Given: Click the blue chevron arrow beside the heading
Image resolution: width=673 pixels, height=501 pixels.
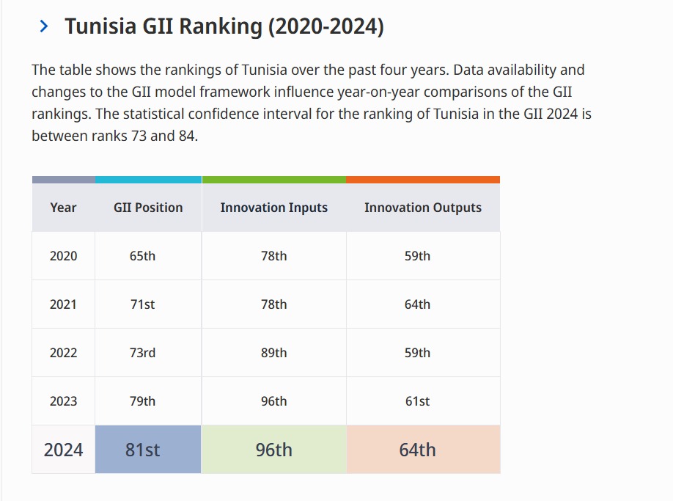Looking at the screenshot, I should click(45, 27).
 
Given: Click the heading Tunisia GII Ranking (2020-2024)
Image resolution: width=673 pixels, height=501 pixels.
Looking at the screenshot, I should click(224, 27).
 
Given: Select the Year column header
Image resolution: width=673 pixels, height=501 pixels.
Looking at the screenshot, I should click(63, 208).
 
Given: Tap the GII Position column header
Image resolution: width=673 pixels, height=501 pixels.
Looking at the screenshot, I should click(148, 208).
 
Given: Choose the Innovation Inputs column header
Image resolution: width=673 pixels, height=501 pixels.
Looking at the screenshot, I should click(273, 208).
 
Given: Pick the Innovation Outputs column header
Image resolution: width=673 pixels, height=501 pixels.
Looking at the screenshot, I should click(422, 208).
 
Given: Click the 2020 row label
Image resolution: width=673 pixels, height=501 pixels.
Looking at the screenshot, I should click(63, 256).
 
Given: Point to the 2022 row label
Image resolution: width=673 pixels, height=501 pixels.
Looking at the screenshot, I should click(63, 353).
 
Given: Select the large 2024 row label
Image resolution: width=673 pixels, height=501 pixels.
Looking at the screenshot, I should click(63, 450).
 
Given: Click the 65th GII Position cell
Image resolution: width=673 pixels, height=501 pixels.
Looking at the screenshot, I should click(142, 256).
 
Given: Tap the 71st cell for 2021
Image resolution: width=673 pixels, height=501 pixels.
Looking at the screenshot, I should click(142, 304).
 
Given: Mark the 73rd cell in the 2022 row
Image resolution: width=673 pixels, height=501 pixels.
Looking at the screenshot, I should click(142, 353).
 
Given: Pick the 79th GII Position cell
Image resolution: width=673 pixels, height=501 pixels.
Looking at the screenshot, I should click(142, 401).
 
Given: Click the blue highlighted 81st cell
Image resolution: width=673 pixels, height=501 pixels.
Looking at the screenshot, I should click(142, 450).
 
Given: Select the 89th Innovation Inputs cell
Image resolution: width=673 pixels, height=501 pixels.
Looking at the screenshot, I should click(273, 353).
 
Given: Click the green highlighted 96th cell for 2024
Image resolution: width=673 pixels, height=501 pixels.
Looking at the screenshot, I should click(273, 450).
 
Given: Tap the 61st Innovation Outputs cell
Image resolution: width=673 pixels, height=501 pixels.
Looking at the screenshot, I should click(417, 401).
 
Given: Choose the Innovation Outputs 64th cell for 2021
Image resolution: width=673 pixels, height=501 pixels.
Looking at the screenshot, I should click(417, 304).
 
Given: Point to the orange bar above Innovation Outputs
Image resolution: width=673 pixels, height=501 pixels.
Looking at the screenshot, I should click(422, 180).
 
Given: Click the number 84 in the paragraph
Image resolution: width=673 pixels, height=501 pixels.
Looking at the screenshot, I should click(186, 136).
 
